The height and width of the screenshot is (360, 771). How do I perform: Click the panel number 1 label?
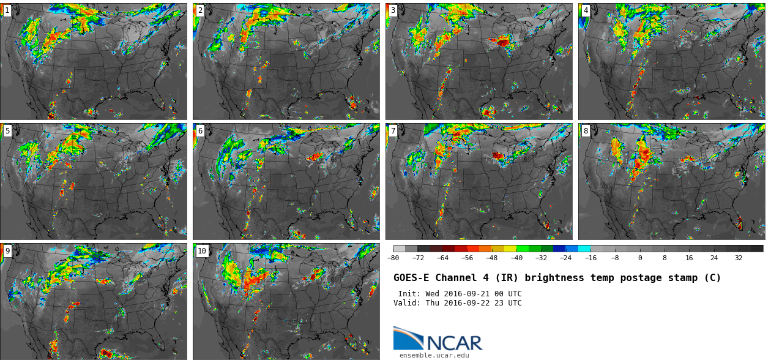[7, 10]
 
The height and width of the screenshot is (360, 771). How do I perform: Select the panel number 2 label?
[200, 10]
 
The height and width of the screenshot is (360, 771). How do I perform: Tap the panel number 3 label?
[393, 10]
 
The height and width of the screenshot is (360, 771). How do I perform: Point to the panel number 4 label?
[586, 10]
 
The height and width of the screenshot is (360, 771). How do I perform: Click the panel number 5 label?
[7, 131]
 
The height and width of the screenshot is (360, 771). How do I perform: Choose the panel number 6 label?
[200, 131]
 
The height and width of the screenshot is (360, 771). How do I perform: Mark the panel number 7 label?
[393, 131]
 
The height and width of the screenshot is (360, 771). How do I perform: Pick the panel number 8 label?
[586, 131]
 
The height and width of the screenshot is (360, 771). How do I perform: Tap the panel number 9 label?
[7, 251]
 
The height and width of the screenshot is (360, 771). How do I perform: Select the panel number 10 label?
[202, 251]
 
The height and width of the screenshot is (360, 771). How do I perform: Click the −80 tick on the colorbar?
[393, 258]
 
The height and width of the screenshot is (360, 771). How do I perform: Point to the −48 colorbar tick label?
[491, 258]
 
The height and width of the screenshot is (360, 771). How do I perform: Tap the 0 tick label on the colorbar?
[640, 258]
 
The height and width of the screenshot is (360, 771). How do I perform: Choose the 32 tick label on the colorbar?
[739, 258]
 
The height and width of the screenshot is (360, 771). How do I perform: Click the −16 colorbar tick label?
[590, 258]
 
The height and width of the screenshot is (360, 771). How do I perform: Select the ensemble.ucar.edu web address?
[434, 355]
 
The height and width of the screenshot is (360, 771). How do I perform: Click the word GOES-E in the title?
[411, 278]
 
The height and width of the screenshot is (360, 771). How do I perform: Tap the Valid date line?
[458, 303]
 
